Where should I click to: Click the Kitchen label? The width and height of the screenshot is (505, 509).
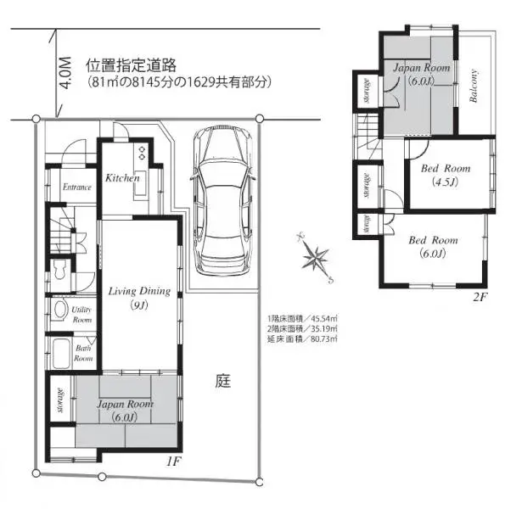[x=122, y=179]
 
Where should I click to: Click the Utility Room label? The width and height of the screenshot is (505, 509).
[x=82, y=315]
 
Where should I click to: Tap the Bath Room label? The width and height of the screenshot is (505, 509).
[x=83, y=352]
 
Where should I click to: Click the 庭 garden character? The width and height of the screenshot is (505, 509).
[x=222, y=382]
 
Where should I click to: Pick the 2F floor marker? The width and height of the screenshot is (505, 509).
[x=480, y=296]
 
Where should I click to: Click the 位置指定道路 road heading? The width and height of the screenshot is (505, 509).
[x=130, y=65]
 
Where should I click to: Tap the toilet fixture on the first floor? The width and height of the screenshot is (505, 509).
[x=59, y=272]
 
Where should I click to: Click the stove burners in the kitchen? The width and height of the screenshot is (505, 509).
[x=142, y=153]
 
